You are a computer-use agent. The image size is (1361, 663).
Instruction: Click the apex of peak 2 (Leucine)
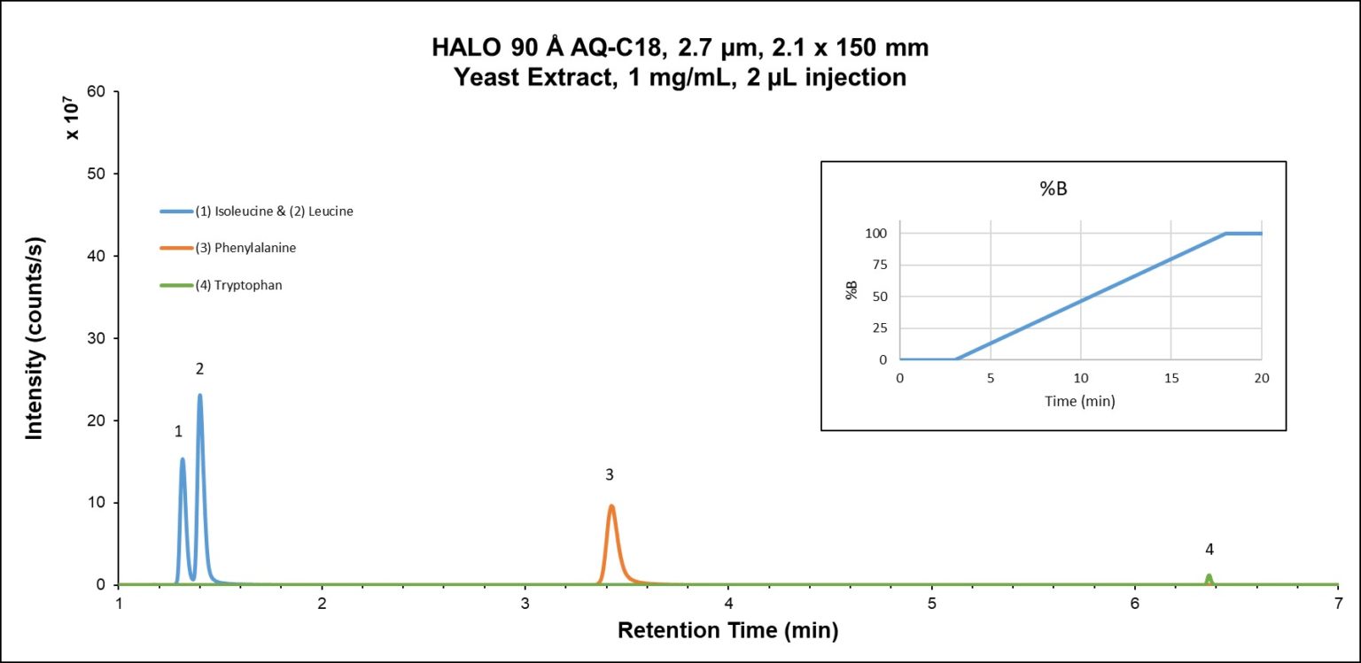[x=200, y=396]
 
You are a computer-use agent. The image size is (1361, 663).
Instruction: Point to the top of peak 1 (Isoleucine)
[x=183, y=459]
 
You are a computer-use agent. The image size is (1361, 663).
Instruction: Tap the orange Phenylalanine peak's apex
[x=611, y=506]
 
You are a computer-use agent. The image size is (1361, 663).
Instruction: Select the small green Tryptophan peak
[x=1209, y=578]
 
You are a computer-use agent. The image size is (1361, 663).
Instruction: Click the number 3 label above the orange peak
[x=610, y=475]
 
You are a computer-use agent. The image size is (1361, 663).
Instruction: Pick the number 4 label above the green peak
[x=1209, y=550]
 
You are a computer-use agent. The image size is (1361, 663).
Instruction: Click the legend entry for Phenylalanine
[x=245, y=248]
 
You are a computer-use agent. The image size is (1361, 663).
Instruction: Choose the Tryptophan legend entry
[x=238, y=285]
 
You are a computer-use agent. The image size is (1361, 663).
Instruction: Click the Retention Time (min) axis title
[x=727, y=631]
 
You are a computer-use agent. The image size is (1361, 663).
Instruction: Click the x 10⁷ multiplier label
[x=74, y=121]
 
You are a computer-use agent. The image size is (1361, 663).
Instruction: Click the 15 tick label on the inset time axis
[x=1170, y=377]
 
